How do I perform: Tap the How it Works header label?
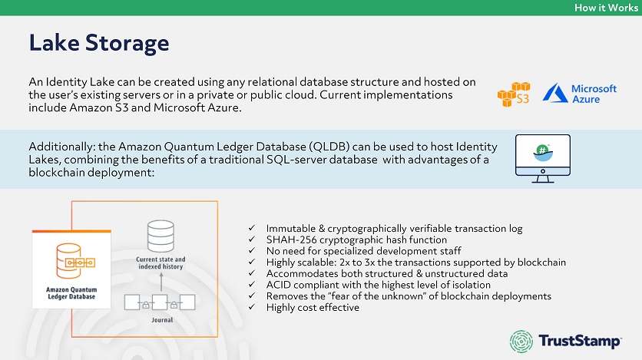(x=606, y=7)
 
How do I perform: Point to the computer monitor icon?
(x=542, y=158)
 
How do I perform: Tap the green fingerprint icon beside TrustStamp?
(x=524, y=340)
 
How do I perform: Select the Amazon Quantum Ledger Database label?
(x=71, y=293)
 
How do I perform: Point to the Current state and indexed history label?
(x=160, y=263)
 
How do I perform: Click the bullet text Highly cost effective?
(x=313, y=308)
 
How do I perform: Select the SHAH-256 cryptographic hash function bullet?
(x=356, y=239)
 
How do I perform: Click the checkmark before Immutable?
(x=253, y=229)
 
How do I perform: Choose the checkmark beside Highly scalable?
(x=253, y=263)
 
